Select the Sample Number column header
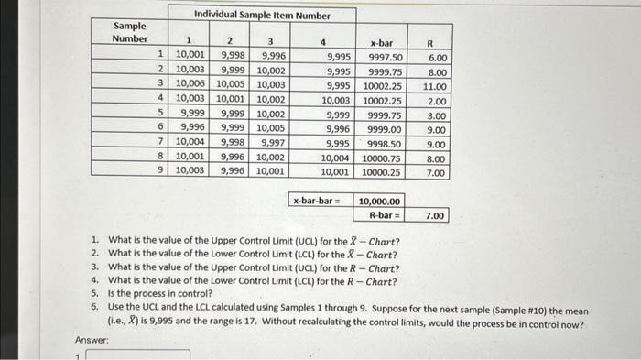click(129, 33)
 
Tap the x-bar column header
click(382, 42)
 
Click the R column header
click(436, 42)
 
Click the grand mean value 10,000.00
click(378, 201)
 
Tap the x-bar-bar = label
click(318, 201)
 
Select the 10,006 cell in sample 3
click(191, 86)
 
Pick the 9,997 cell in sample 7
click(274, 144)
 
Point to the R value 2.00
click(437, 101)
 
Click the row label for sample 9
click(160, 170)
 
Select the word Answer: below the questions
click(91, 340)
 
